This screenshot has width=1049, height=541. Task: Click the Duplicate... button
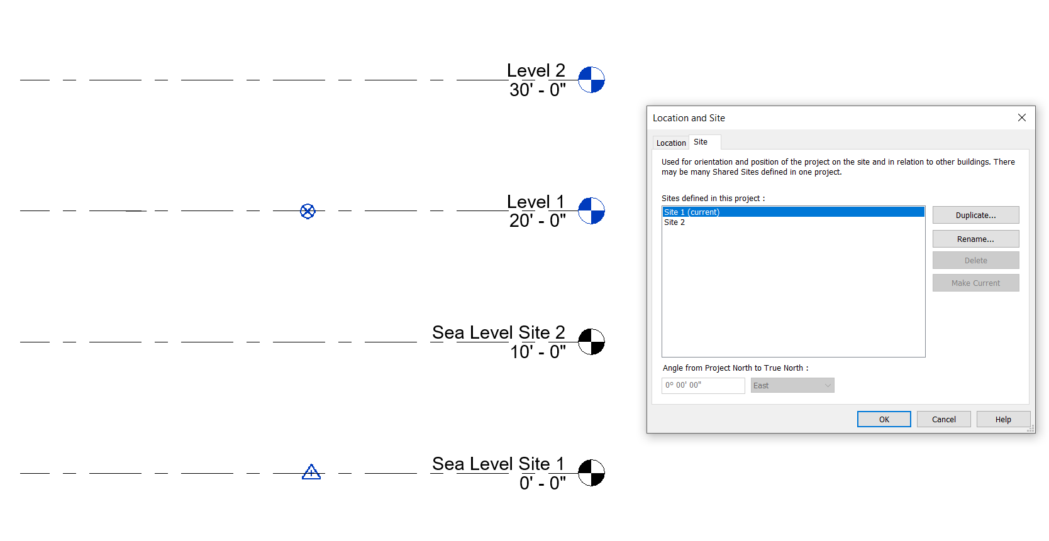point(975,216)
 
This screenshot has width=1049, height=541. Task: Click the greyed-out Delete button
point(975,260)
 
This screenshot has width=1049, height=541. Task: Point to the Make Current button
point(975,283)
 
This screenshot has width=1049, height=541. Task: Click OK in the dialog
point(884,419)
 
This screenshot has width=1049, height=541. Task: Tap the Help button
point(1003,419)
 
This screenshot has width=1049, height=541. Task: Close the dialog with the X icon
point(1022,117)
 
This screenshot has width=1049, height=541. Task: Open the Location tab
point(670,143)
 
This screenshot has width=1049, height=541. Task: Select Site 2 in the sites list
point(674,222)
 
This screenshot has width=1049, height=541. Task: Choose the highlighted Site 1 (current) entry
point(793,212)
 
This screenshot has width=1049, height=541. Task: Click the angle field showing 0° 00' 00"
point(703,385)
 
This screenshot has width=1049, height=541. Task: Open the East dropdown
point(792,385)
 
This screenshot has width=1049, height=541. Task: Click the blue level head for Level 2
point(591,80)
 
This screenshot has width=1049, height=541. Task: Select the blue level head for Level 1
point(591,210)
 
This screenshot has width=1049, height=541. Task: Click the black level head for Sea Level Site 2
point(591,342)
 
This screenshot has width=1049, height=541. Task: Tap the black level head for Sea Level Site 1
point(591,473)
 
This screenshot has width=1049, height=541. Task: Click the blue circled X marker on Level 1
point(308,211)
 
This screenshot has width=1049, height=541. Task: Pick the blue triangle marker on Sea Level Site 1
point(311,473)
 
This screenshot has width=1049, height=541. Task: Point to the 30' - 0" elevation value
point(538,89)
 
